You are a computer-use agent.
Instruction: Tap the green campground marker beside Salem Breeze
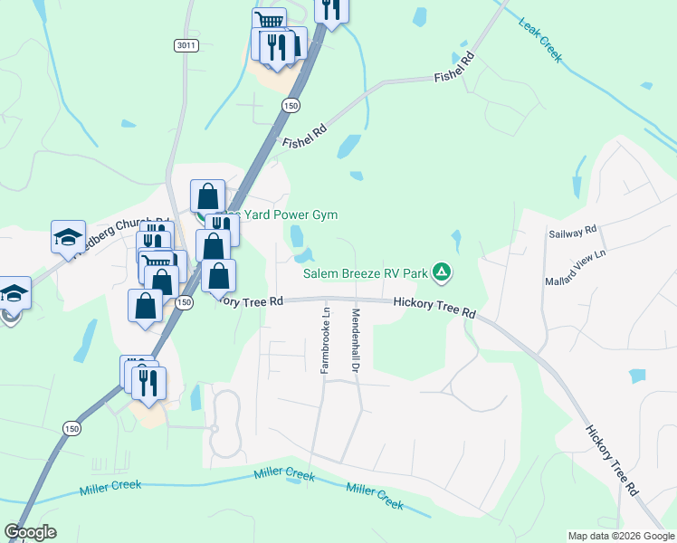pos(442,271)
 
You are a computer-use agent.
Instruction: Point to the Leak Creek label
pos(540,38)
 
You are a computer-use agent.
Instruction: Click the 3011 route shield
pos(186,44)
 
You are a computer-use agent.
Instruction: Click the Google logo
pos(30,532)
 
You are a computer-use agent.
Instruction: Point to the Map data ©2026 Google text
pos(621,536)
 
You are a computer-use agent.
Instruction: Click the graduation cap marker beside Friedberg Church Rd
pos(68,237)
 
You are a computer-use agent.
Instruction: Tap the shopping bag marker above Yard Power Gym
pos(207,195)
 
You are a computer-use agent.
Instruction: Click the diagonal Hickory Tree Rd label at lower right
pos(611,462)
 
